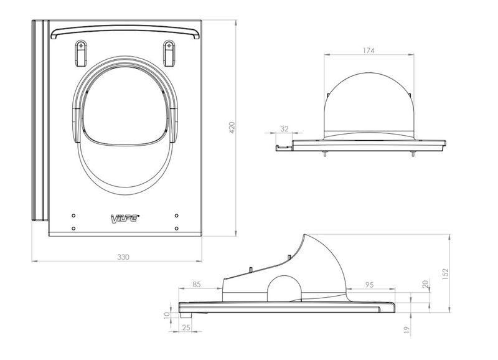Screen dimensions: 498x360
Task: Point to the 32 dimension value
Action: (x=284, y=129)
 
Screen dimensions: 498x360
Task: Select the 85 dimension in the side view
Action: (x=196, y=285)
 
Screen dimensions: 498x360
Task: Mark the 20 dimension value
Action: (x=425, y=283)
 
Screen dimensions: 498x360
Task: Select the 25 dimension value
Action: (x=186, y=326)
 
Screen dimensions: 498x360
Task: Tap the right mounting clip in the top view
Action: (x=168, y=51)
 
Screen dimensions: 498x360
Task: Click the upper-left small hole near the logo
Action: (x=74, y=215)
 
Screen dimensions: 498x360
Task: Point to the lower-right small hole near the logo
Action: (x=177, y=227)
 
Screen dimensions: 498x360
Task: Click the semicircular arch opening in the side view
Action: (x=283, y=289)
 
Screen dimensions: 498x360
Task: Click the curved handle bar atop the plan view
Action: (x=126, y=31)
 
